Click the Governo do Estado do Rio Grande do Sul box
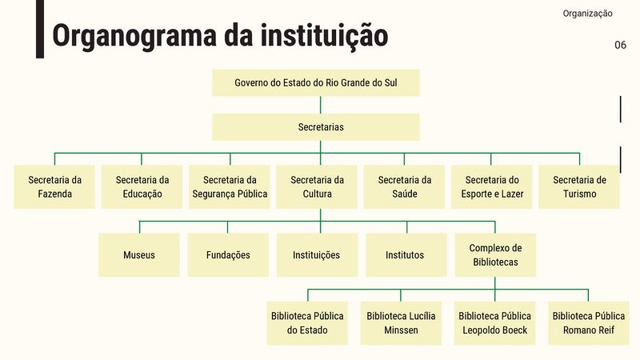tap(315, 83)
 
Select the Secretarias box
tap(315, 127)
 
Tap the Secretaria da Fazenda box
tap(54, 187)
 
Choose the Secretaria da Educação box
tap(142, 187)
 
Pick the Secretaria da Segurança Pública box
tap(230, 187)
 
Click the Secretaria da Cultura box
tap(317, 187)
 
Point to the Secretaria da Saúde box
tap(404, 187)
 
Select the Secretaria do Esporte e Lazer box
tap(492, 187)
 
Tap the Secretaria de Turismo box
tap(579, 187)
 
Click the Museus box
tap(139, 255)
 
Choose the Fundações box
tap(228, 255)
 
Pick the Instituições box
tap(317, 255)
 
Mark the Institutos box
tap(406, 255)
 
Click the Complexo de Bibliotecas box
tap(494, 255)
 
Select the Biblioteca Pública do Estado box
tap(307, 323)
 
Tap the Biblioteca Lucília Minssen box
tap(401, 323)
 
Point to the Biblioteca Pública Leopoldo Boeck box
tap(494, 323)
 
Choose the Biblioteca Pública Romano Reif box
tap(588, 323)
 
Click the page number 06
tap(620, 45)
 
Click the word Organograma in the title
tap(130, 36)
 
